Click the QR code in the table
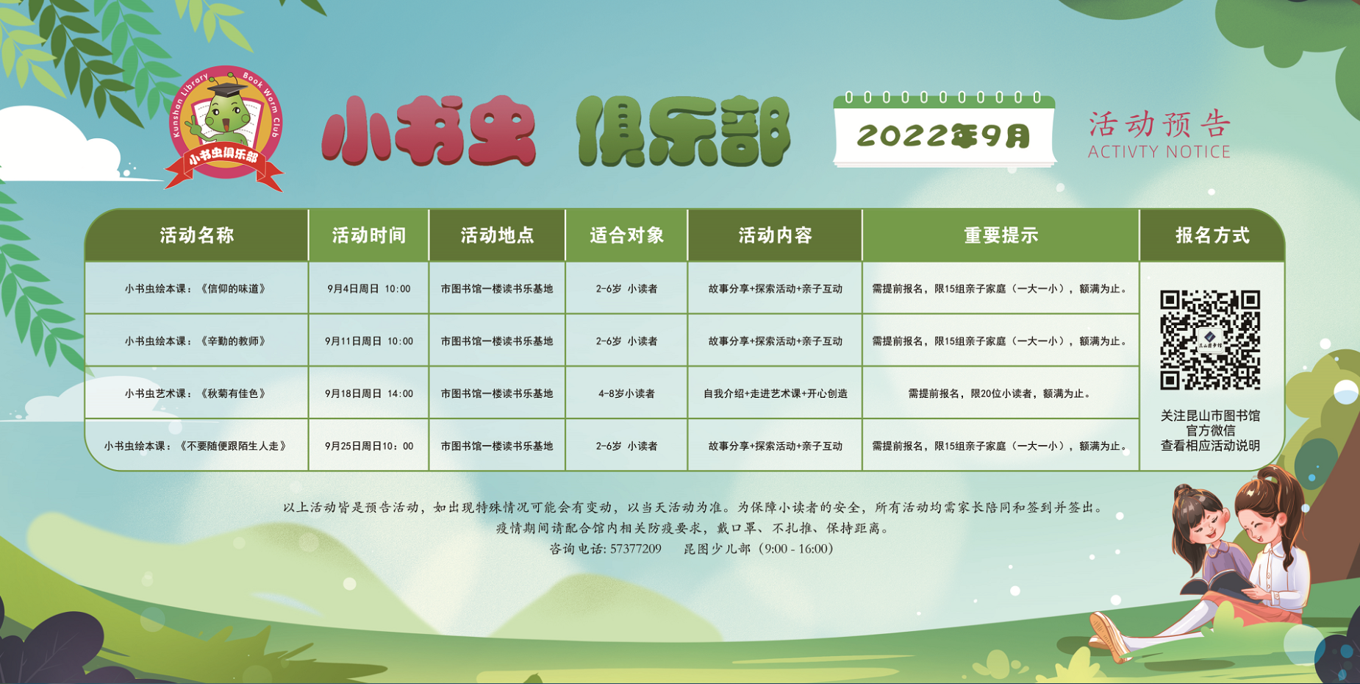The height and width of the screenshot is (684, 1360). point(1210,340)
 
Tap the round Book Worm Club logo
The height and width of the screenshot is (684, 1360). point(225,127)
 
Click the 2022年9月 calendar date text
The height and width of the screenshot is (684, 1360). point(944,136)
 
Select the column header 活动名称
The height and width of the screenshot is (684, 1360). point(197,235)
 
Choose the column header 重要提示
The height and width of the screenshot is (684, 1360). point(1001,235)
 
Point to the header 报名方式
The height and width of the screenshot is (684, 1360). point(1212,235)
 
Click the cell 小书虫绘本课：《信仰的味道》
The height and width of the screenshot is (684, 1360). point(196,289)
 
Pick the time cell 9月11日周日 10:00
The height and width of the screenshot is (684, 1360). point(369,341)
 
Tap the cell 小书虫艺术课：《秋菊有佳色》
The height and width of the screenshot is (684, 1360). point(196,393)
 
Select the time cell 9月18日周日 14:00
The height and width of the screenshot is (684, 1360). point(369,393)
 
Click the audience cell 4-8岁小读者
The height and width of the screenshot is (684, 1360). point(626,393)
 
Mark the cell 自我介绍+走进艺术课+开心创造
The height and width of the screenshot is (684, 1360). point(776,393)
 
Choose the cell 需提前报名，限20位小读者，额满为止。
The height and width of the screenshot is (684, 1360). point(1001,393)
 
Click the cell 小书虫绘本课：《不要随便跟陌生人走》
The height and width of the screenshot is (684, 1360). point(196,446)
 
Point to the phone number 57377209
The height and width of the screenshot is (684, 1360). point(636,549)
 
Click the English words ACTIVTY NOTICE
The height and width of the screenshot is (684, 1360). point(1159,152)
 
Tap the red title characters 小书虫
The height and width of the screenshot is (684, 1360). point(429,130)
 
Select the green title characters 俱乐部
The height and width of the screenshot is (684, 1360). point(684,130)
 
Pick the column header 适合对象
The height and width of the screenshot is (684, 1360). point(626,235)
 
